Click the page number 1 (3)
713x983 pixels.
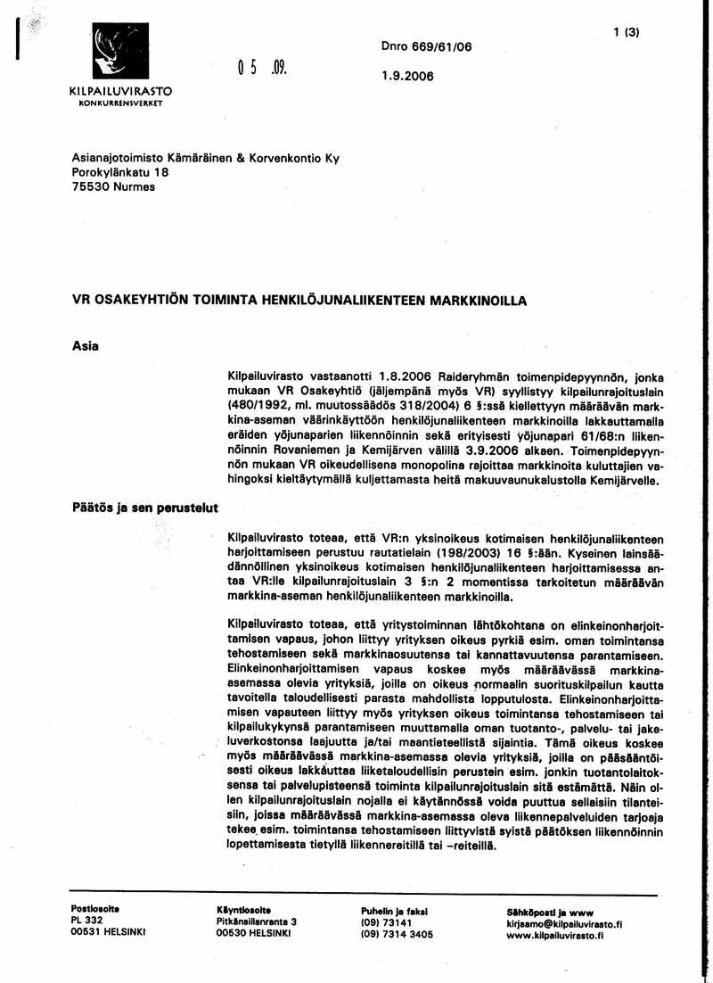627,33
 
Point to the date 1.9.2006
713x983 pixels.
406,76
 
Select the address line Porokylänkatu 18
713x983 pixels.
120,172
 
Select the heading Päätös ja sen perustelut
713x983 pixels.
145,508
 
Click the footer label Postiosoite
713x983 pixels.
95,909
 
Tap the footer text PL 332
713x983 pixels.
88,921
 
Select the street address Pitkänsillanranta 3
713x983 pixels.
256,921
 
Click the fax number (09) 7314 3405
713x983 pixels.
397,934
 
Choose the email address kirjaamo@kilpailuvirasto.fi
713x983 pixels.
563,925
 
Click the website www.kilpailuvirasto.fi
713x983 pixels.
554,936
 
